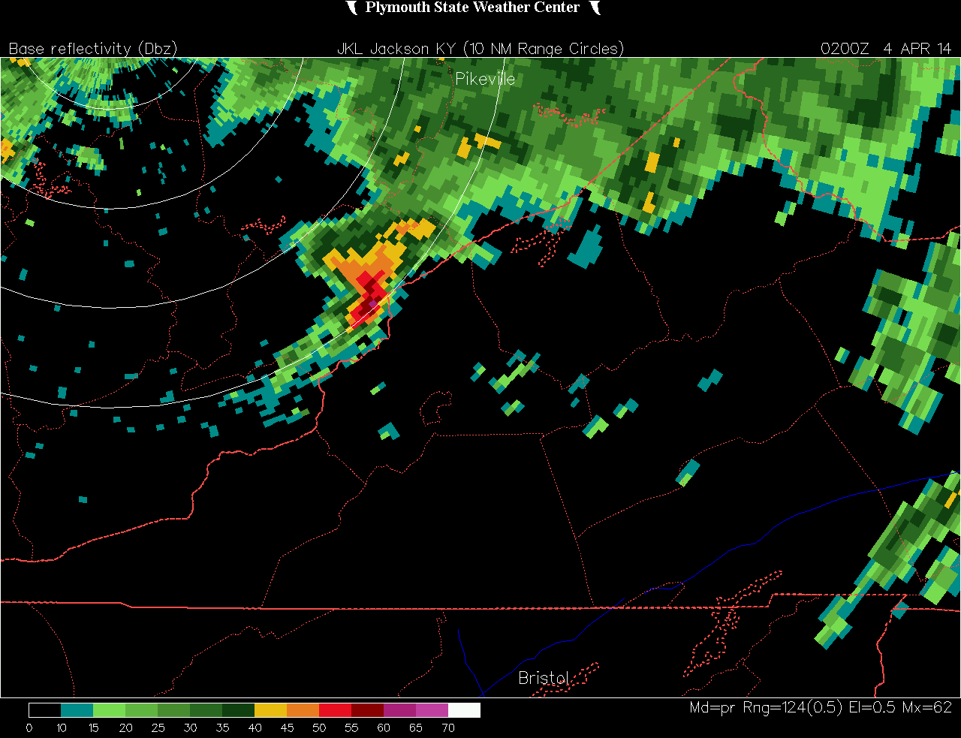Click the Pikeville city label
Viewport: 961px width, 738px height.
485,79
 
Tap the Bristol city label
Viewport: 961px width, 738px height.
544,678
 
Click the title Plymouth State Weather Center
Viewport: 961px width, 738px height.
472,8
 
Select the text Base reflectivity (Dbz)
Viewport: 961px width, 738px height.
93,49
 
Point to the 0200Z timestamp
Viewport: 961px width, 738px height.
845,49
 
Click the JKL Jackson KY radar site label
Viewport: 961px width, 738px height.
397,49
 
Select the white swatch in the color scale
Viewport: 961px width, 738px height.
464,710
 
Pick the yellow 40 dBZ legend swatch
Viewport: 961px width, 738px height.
270,710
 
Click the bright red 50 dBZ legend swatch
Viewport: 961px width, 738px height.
335,710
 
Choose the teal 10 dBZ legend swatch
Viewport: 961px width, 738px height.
77,710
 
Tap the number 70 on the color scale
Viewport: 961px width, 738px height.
448,727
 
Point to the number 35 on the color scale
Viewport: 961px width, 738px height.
222,727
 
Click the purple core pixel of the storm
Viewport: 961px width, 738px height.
373,303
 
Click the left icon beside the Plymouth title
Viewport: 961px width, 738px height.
351,8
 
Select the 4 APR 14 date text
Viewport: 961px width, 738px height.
917,49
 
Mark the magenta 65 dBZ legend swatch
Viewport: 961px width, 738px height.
432,710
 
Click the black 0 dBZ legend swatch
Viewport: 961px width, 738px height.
44,710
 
